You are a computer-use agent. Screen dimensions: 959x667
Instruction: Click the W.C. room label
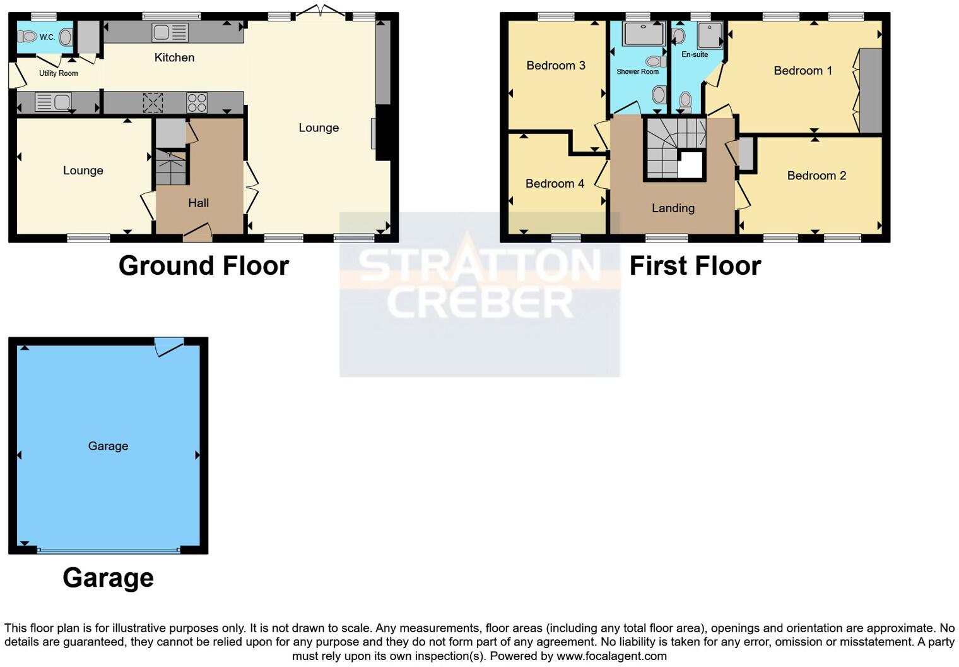click(x=47, y=37)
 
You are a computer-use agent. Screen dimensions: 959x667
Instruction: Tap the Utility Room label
click(x=59, y=73)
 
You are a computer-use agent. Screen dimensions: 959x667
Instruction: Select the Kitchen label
click(x=174, y=57)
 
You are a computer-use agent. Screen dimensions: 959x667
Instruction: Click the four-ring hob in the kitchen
click(x=197, y=103)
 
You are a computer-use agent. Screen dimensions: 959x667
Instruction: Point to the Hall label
click(x=199, y=203)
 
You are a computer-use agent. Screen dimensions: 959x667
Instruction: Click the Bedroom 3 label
click(x=556, y=65)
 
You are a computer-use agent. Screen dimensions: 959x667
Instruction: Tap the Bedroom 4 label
click(x=555, y=183)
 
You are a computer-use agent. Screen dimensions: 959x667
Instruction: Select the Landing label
click(x=673, y=208)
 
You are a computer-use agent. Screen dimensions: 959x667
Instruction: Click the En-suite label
click(x=695, y=54)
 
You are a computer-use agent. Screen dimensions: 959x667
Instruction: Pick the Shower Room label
click(x=637, y=71)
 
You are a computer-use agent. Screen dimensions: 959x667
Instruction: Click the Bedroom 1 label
click(x=803, y=70)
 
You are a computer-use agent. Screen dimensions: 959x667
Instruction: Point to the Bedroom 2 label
click(x=816, y=176)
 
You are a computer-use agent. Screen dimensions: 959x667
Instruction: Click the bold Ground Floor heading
click(x=204, y=266)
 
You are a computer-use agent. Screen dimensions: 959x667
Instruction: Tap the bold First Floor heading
click(x=695, y=266)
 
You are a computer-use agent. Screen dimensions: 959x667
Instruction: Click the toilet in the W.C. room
click(x=27, y=37)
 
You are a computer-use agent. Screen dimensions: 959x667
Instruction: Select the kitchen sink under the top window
click(x=170, y=33)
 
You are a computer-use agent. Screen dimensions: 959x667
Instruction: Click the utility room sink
click(x=53, y=102)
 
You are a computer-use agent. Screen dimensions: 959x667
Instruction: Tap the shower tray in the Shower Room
click(x=644, y=33)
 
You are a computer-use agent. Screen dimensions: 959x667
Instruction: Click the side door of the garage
click(x=169, y=346)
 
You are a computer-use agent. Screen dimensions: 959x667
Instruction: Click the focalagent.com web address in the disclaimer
click(x=611, y=656)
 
